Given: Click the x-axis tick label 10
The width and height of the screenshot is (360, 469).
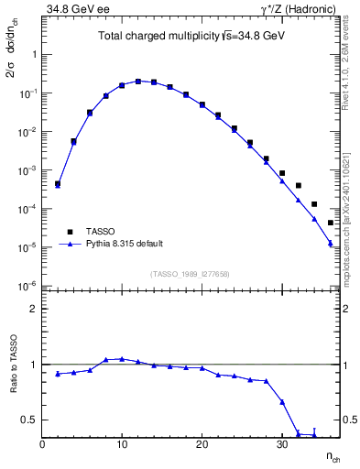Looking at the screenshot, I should (122, 444).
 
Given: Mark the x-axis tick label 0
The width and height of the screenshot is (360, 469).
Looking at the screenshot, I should (42, 444).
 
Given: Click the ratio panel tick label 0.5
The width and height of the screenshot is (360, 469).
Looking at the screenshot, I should (29, 420).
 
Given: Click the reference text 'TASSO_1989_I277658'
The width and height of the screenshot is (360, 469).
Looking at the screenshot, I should (191, 273).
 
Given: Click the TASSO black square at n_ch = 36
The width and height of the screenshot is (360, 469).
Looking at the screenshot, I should (331, 223).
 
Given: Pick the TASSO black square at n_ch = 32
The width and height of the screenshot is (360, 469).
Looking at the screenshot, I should (299, 186).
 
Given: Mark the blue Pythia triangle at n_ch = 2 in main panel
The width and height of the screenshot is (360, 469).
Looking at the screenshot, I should (58, 186).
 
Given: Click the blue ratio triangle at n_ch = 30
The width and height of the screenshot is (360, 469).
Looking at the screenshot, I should (282, 402).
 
